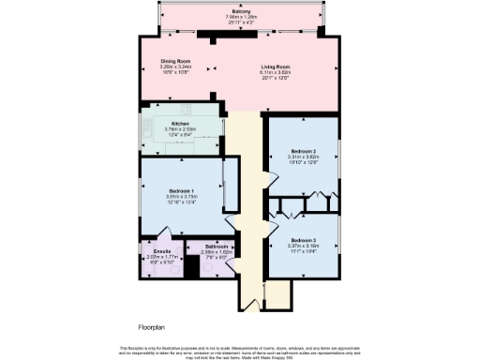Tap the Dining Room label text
[x=176, y=61]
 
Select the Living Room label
[x=275, y=67]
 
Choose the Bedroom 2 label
[x=301, y=151]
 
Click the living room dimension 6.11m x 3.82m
[x=275, y=72]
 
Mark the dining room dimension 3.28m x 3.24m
[x=176, y=67]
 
